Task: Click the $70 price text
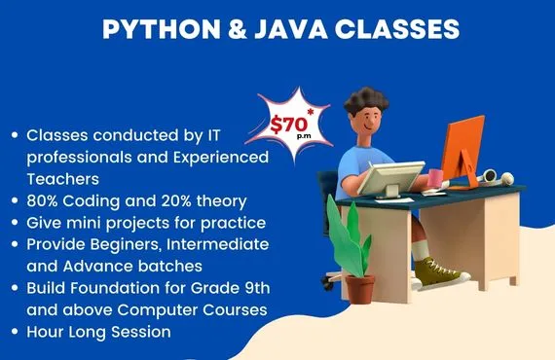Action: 289,124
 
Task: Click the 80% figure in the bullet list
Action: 44,201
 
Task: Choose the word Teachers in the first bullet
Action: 64,179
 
